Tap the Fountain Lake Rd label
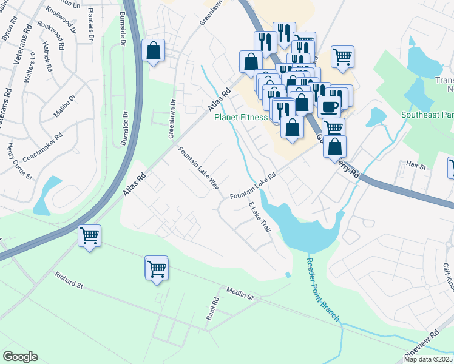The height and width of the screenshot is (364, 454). click(x=253, y=184)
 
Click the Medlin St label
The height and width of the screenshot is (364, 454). click(x=240, y=294)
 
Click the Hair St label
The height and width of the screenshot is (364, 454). click(x=416, y=165)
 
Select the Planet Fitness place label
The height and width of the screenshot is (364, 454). click(x=241, y=117)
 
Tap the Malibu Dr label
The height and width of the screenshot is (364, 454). click(x=64, y=106)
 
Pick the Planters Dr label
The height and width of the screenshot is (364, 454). click(x=91, y=25)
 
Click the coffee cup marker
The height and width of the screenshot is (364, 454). click(x=329, y=107)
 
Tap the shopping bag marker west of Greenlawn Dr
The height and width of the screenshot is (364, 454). click(x=154, y=51)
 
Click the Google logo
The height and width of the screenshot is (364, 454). click(x=20, y=357)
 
